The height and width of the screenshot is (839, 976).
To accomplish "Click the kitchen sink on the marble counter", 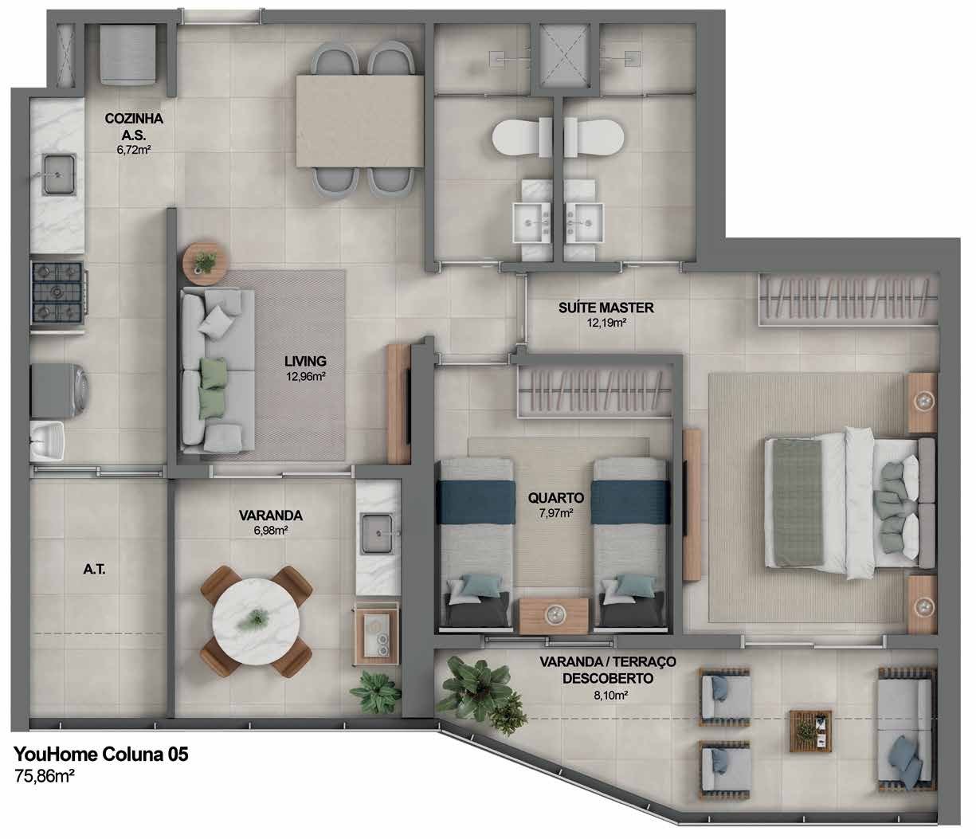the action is [59, 174].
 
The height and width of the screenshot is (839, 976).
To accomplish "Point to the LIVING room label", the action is [305, 361].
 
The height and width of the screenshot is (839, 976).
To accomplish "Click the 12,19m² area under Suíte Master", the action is [606, 323].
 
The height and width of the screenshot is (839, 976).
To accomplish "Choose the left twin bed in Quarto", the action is [476, 547].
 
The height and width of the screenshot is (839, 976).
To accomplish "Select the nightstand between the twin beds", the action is [554, 616].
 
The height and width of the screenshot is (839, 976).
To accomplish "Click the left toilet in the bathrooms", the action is [521, 137].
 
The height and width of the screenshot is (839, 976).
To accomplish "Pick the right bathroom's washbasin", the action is [585, 223].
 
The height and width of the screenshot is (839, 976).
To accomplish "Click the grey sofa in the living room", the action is [218, 369].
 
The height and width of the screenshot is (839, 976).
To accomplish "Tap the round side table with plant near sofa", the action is [206, 262].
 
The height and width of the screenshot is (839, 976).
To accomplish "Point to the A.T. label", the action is [95, 570].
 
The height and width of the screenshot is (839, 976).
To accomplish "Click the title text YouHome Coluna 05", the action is [101, 754].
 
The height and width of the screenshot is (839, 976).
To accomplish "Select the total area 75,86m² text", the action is [45, 776].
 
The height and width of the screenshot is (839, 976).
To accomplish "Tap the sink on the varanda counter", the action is [377, 534].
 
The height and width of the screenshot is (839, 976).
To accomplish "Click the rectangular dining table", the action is [360, 121].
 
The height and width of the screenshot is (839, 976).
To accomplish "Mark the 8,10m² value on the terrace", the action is [608, 695].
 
